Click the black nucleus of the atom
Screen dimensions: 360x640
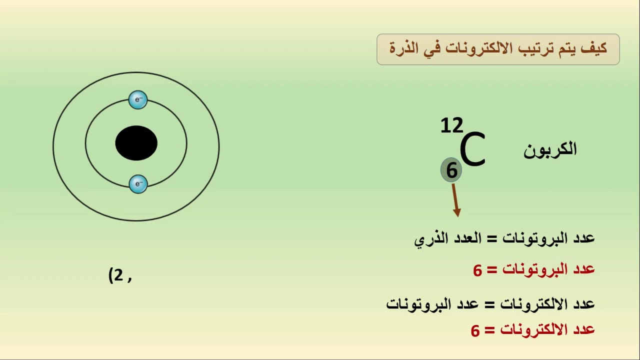pos(136,143)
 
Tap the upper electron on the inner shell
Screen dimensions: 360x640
pos(138,99)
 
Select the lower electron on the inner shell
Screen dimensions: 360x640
pos(138,184)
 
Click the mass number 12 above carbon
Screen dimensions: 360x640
pos(451,126)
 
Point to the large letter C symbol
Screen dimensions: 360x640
pos(472,149)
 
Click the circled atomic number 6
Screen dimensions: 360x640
pos(451,170)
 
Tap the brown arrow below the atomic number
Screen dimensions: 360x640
pos(455,200)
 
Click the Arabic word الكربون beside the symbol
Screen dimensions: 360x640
pos(550,149)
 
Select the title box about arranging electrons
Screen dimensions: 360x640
pos(498,49)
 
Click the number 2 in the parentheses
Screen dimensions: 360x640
pos(118,275)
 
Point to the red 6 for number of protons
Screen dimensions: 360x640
pos(477,270)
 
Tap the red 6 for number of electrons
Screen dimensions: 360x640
pos(475,330)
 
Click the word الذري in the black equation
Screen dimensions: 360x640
pos(429,238)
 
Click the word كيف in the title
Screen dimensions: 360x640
pos(596,48)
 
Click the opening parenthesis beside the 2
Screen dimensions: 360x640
pos(110,275)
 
